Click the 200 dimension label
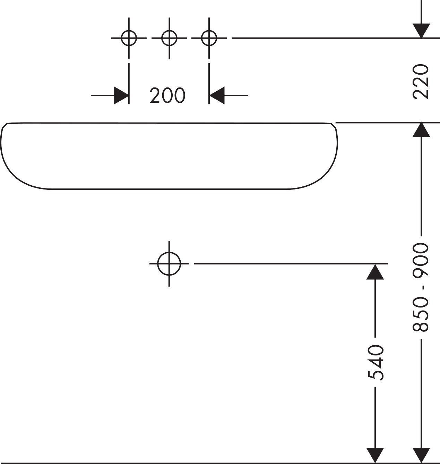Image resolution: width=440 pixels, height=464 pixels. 168,95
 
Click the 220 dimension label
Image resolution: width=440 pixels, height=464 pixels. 421,82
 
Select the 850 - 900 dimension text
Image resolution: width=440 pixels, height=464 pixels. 421,287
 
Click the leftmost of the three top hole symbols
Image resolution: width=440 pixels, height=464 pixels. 129,38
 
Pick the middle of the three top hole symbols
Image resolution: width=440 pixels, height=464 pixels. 169,38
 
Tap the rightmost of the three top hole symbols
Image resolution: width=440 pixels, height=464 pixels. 209,38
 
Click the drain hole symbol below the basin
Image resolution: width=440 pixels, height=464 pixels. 169,263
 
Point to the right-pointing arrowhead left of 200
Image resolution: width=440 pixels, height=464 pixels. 121,95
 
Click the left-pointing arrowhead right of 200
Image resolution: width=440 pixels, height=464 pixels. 217,95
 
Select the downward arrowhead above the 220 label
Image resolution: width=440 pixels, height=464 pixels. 421,31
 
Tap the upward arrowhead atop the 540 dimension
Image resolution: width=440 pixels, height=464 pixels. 375,271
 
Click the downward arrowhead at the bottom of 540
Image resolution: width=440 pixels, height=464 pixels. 375,456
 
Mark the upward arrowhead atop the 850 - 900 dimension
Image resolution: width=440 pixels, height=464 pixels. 421,130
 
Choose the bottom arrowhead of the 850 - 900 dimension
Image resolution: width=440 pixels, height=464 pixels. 421,456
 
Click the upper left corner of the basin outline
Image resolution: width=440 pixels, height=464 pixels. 8,123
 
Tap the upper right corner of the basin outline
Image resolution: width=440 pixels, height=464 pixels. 331,123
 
